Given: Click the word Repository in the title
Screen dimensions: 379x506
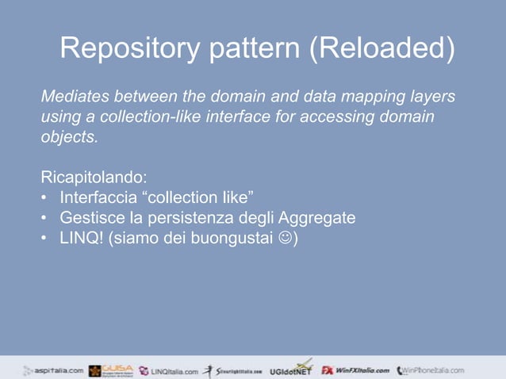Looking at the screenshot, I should (131, 49).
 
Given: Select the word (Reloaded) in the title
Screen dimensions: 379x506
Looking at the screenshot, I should (382, 49).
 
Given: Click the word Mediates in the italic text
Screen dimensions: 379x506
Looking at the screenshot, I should (74, 98).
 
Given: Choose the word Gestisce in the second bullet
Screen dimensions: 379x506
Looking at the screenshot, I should (90, 216).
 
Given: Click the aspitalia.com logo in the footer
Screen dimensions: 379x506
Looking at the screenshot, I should (52, 369).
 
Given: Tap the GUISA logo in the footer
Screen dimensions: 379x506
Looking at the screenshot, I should (111, 369).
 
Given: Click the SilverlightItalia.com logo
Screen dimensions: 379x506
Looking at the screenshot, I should (234, 370).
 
